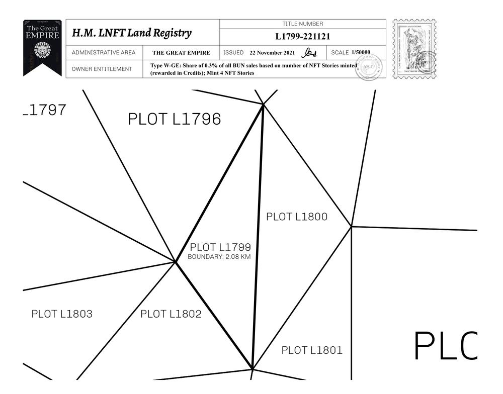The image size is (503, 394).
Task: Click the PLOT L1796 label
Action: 175,120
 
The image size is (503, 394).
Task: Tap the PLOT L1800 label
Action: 297,217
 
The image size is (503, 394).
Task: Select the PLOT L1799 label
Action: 220,247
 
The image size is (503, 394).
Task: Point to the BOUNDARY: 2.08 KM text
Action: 219,257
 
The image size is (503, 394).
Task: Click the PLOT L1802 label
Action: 171,314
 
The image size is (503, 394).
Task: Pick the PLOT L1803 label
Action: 62,314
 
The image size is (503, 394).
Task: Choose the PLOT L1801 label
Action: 312,350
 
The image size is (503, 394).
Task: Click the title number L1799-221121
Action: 303,37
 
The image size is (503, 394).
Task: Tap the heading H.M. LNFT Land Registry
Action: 132,33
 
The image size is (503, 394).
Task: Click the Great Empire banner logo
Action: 42,46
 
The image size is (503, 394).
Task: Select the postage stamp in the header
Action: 414,49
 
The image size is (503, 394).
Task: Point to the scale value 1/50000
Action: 361,52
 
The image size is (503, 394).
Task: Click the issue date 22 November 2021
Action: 272,53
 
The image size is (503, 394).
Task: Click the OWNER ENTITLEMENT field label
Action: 102,69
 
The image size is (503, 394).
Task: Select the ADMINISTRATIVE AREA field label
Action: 104,53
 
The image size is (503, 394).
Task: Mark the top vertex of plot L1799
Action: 263,104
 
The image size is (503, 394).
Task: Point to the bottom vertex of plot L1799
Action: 252,370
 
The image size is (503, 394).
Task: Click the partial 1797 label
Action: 45,110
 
